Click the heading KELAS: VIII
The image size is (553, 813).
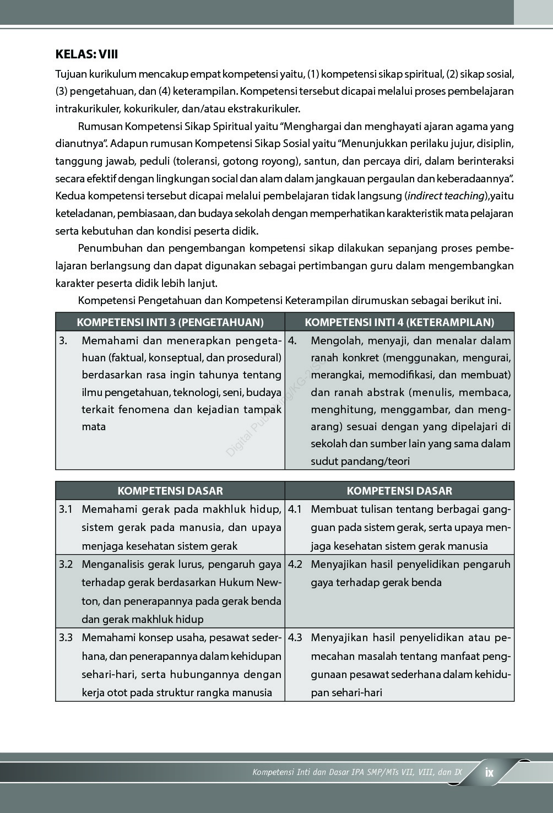[86, 54]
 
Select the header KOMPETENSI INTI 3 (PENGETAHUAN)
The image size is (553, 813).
[170, 322]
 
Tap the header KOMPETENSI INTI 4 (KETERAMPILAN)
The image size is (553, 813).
[399, 322]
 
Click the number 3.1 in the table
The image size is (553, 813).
[66, 509]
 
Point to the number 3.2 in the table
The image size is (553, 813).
[66, 564]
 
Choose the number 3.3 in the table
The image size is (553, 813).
[66, 637]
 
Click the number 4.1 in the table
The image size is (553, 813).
[295, 509]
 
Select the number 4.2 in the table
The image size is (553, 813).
[295, 564]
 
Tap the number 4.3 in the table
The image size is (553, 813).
[295, 637]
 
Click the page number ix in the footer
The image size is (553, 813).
[489, 772]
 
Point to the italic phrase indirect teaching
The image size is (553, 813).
[446, 196]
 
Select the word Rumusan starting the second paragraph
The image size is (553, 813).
[100, 126]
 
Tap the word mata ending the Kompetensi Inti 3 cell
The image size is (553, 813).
[94, 426]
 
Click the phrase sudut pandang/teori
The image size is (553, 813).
[360, 461]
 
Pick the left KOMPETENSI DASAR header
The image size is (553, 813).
[170, 491]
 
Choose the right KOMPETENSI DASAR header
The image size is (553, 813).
[399, 491]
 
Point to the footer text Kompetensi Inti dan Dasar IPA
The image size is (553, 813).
[306, 772]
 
